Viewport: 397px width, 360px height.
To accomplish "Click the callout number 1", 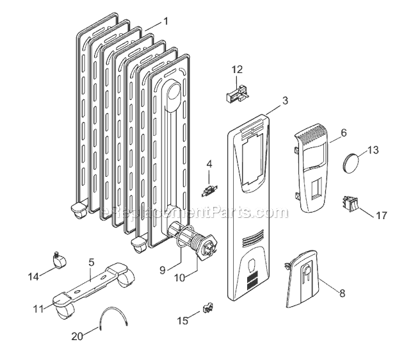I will coord(166,21).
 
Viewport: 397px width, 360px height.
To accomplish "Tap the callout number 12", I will coord(237,69).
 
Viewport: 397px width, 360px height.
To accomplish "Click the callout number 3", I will coord(285,101).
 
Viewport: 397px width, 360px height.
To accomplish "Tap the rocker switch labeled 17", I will coord(350,206).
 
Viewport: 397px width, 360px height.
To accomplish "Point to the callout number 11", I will coord(38,308).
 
